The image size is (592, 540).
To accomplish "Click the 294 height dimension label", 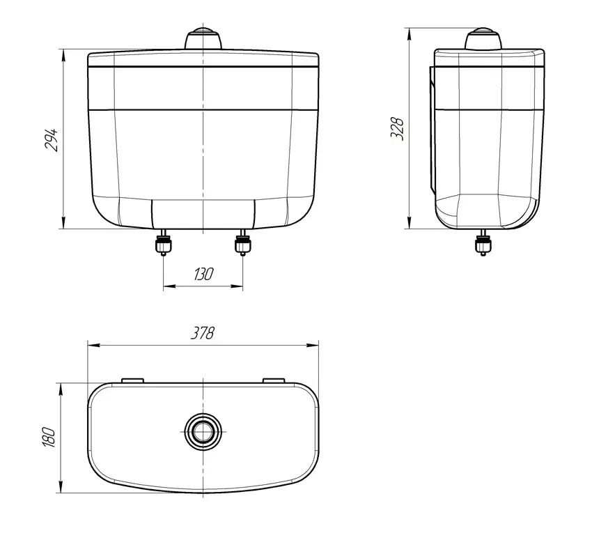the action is (x=52, y=140).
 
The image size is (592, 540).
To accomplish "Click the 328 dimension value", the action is (x=397, y=129).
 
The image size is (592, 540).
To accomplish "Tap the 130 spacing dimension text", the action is (x=203, y=275).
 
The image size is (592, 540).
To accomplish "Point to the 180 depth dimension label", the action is (x=49, y=438).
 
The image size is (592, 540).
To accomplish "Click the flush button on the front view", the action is (x=203, y=38).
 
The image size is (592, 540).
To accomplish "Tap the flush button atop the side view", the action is (x=483, y=38).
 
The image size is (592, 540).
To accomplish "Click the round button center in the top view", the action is (x=203, y=431).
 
